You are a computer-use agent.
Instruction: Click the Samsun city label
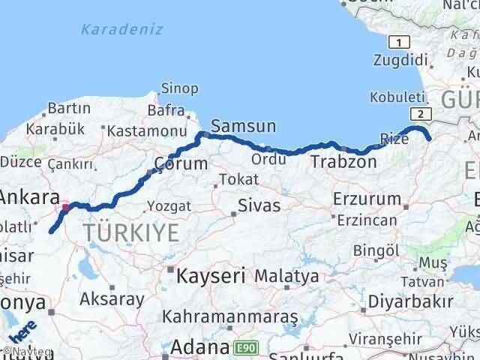pyautogui.click(x=244, y=125)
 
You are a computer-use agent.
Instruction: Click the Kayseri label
pyautogui.click(x=212, y=276)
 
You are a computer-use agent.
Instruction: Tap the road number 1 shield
pyautogui.click(x=400, y=43)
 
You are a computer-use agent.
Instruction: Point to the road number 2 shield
pyautogui.click(x=421, y=113)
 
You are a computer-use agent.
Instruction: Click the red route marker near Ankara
pyautogui.click(x=66, y=205)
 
